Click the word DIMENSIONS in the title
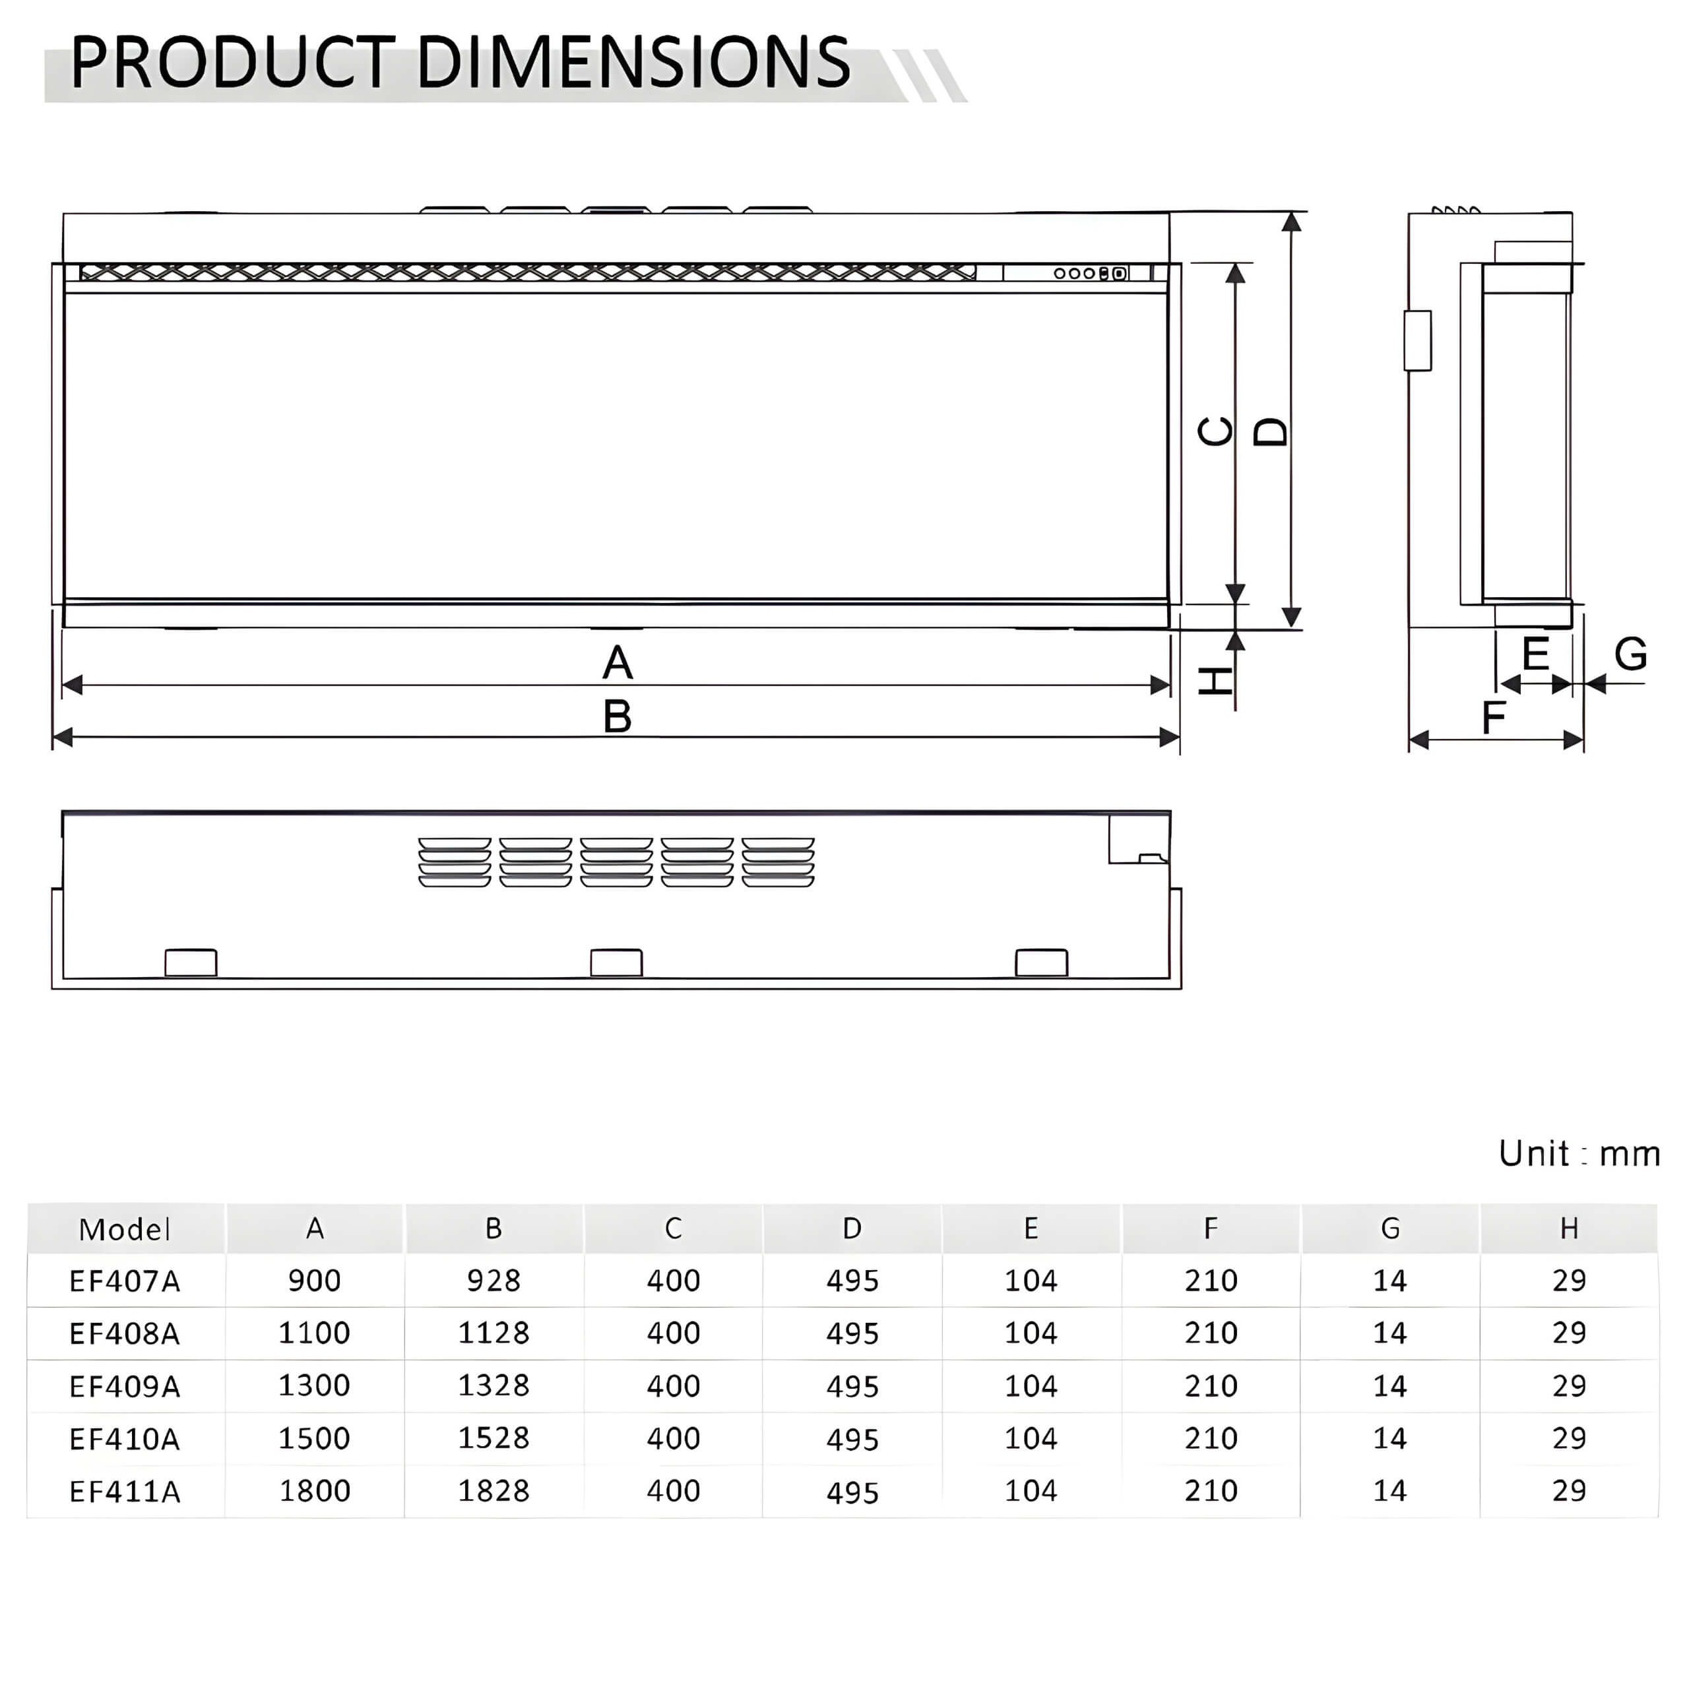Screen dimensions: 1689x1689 click(x=633, y=62)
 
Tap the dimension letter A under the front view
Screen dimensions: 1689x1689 click(x=617, y=662)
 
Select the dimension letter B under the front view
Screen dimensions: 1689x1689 click(x=617, y=717)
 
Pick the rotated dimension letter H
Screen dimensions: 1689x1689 click(x=1215, y=681)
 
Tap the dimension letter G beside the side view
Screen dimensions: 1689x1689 click(x=1630, y=654)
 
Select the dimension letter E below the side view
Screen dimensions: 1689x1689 click(x=1536, y=654)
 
